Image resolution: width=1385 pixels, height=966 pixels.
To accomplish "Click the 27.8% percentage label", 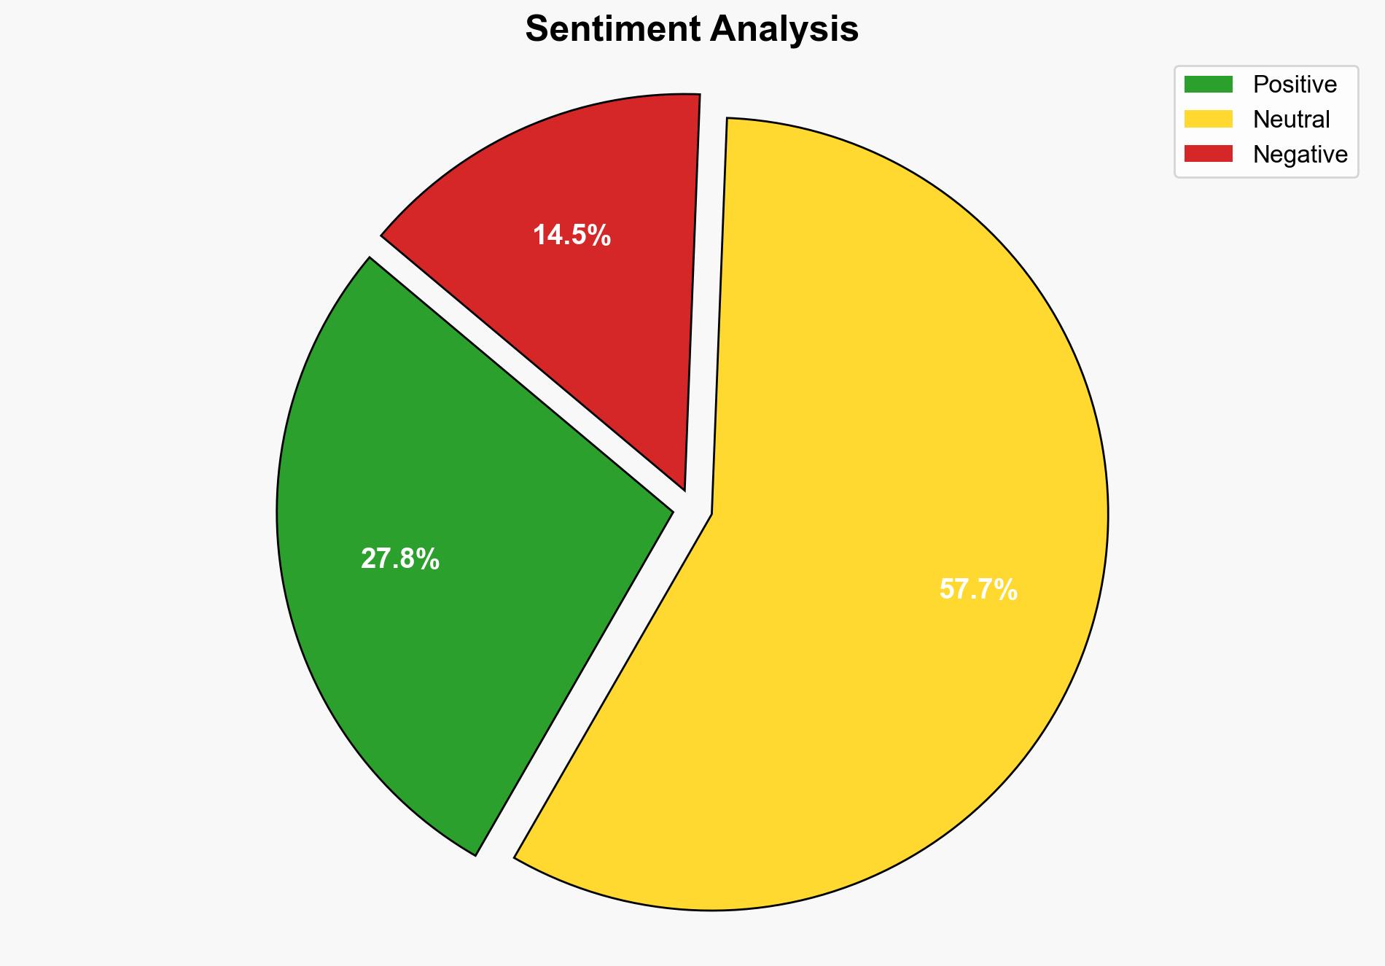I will click(x=400, y=559).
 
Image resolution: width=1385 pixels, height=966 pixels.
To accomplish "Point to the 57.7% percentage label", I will click(x=978, y=589).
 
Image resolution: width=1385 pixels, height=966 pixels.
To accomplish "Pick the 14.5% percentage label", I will click(x=571, y=235).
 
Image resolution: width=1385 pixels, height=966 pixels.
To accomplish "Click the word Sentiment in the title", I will click(x=612, y=30).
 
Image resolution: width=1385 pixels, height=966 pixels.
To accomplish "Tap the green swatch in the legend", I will click(x=1208, y=85).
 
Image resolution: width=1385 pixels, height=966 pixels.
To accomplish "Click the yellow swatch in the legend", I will click(x=1208, y=119).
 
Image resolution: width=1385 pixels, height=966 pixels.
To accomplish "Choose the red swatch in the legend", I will click(x=1208, y=154).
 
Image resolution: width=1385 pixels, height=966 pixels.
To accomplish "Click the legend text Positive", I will click(x=1295, y=85).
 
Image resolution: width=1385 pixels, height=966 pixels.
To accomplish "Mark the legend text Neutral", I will click(x=1291, y=119).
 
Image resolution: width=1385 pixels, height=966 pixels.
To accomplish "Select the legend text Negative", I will click(x=1300, y=154).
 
